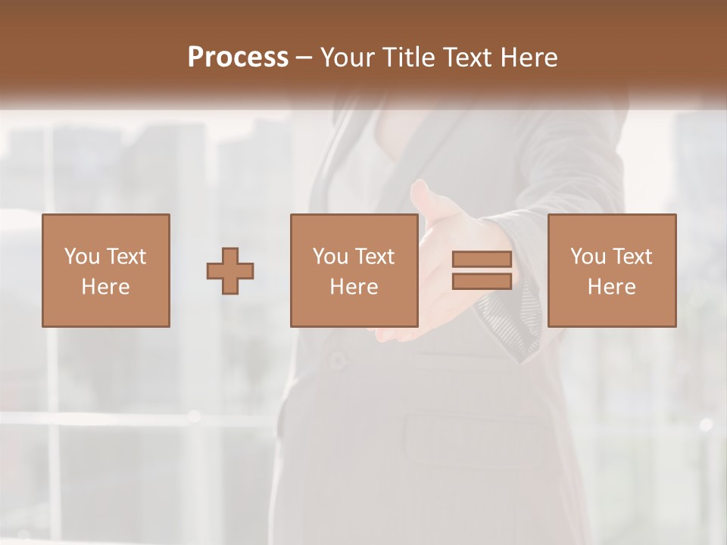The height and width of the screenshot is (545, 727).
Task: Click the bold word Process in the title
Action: [238, 58]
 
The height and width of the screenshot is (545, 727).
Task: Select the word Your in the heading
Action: [348, 58]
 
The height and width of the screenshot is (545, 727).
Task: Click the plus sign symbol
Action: [230, 271]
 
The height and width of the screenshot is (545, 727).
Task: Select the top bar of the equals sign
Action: [482, 260]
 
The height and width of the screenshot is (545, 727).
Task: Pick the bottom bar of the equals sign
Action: [482, 281]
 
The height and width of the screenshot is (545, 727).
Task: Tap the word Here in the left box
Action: [105, 287]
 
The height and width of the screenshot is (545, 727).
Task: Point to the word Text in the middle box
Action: [374, 257]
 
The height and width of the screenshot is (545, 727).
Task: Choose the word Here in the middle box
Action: [354, 287]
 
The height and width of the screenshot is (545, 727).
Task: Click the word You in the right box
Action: [588, 257]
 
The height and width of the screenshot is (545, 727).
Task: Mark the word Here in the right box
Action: [611, 287]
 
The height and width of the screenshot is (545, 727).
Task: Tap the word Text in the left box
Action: [126, 257]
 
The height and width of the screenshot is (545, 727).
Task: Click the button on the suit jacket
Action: [338, 360]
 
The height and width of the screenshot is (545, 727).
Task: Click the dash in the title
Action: [304, 58]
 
